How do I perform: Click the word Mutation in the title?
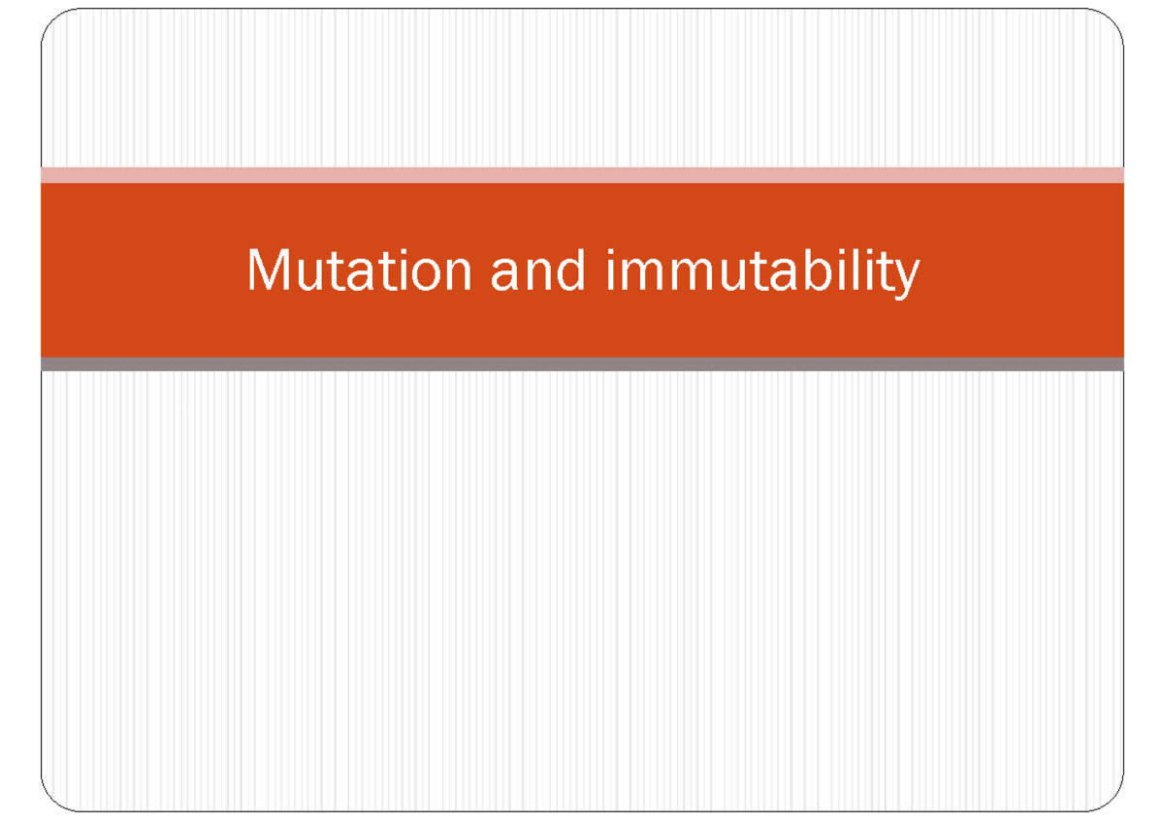coord(358,270)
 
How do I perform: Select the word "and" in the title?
coord(538,270)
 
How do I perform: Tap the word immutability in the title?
coord(762,272)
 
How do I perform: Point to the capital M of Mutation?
coord(268,270)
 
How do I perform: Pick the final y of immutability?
coord(906,279)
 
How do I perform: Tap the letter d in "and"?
coord(572,270)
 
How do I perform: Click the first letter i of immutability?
coord(611,270)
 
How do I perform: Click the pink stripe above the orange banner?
coord(582,174)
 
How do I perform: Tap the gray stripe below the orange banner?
coord(582,364)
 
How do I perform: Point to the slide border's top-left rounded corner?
coord(52,21)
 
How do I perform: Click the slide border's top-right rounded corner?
coord(1112,21)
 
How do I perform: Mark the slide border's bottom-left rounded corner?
coord(52,800)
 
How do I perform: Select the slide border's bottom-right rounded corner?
coord(1112,800)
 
